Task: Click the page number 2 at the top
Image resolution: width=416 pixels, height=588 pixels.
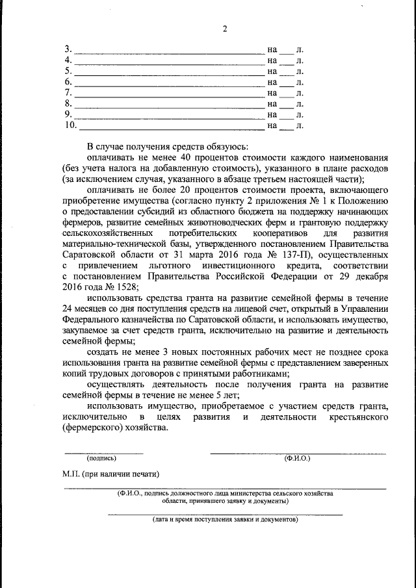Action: click(x=224, y=29)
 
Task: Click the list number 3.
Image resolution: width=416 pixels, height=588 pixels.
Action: click(x=68, y=49)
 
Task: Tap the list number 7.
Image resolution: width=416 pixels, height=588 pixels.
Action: click(x=68, y=93)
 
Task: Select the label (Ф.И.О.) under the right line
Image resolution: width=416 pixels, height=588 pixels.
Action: click(x=297, y=459)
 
